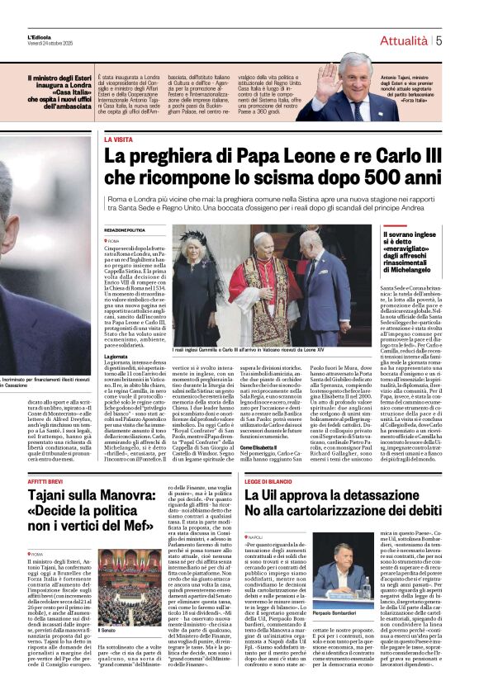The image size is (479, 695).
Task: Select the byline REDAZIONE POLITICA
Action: pyautogui.click(x=124, y=229)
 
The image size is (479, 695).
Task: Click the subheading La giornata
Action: pyautogui.click(x=116, y=357)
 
